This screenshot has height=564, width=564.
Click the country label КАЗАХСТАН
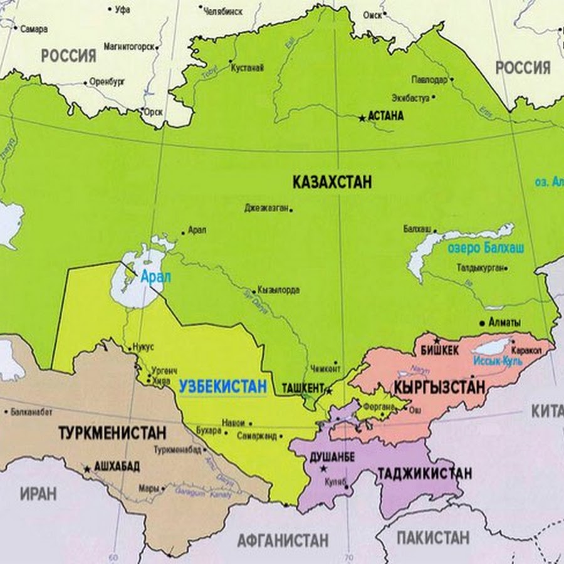click(x=332, y=182)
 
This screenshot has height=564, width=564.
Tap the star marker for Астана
click(x=362, y=117)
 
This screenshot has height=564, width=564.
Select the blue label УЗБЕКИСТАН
click(x=222, y=387)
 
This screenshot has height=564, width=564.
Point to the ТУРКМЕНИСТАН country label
click(x=112, y=432)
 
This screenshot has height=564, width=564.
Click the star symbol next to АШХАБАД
click(x=86, y=468)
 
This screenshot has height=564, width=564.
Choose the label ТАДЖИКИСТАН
click(x=424, y=474)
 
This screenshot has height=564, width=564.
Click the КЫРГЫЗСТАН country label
click(x=439, y=387)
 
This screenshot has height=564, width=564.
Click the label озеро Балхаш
click(x=486, y=248)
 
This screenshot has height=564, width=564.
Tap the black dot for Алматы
click(x=482, y=323)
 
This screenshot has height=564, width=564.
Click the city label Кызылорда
click(x=278, y=291)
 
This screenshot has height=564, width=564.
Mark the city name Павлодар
click(x=429, y=80)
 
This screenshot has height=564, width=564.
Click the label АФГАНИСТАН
click(x=283, y=540)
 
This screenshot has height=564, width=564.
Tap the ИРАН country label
click(x=38, y=493)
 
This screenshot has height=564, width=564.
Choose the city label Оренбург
click(x=108, y=81)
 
